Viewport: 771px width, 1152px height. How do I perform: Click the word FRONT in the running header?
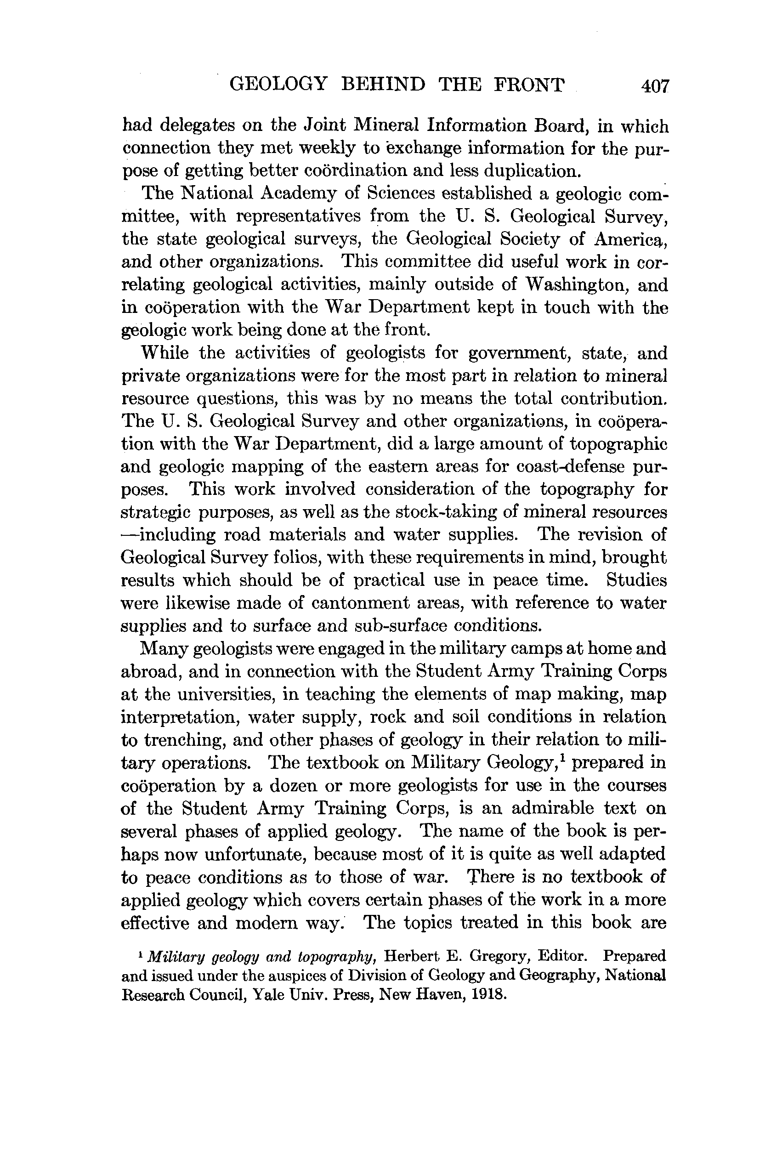coord(529,85)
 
